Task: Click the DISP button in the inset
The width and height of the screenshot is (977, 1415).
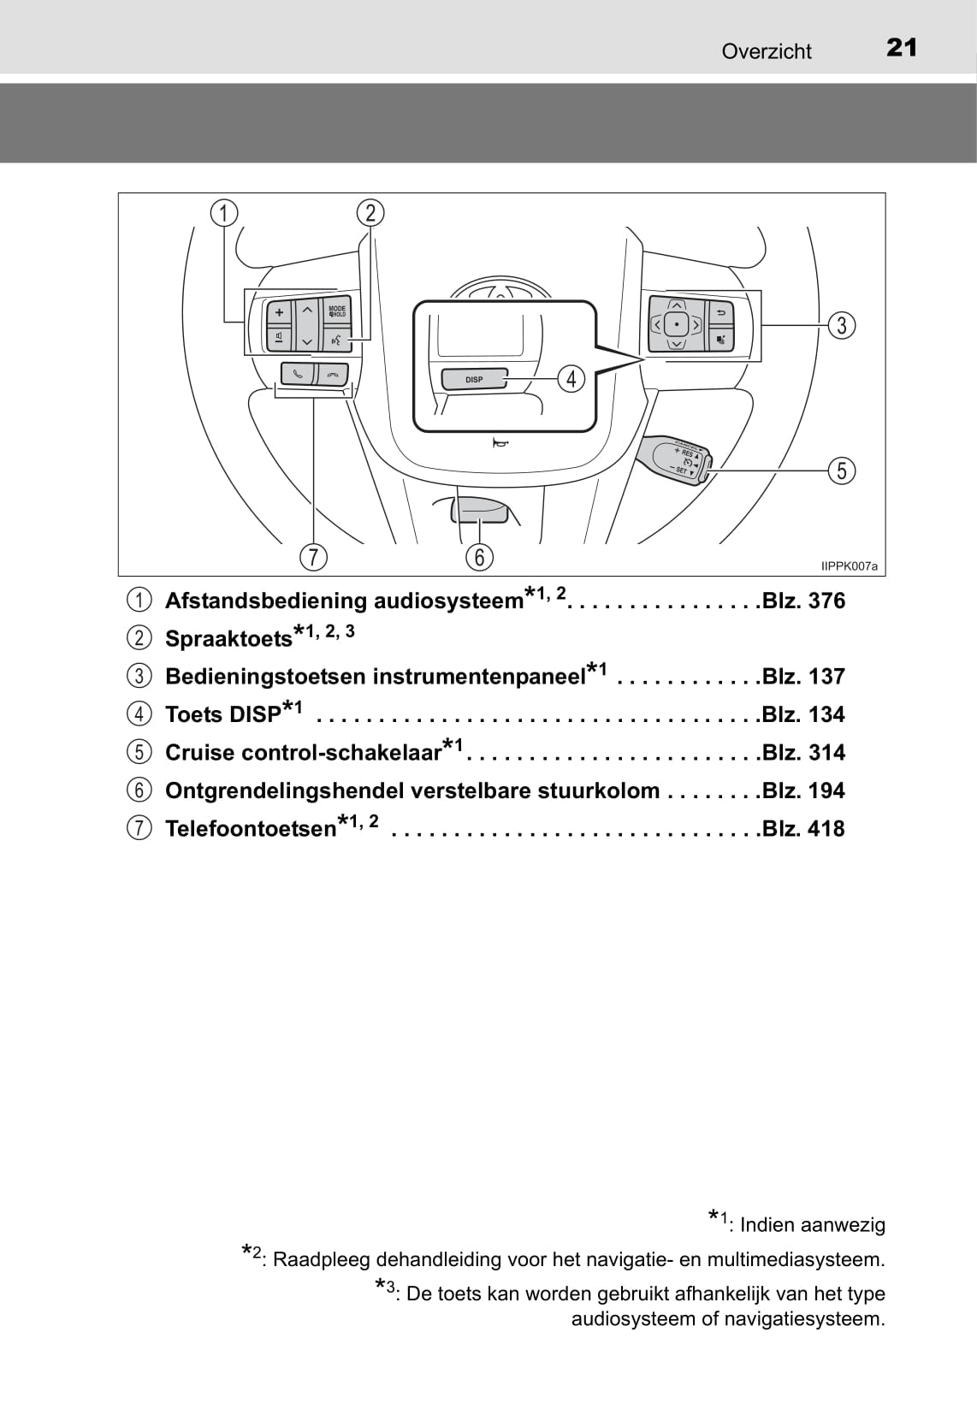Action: tap(474, 379)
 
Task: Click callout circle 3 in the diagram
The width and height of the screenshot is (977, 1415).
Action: tap(841, 325)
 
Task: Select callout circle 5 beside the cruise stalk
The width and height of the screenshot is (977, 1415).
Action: tap(841, 471)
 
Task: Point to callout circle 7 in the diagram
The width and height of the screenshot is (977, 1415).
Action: tap(313, 557)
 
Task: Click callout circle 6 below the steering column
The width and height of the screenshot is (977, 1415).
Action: tap(479, 557)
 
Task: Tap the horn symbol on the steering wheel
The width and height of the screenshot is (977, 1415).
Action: tap(500, 443)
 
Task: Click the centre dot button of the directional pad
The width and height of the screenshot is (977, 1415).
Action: tap(676, 325)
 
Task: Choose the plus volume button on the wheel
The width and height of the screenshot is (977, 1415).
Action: tap(279, 312)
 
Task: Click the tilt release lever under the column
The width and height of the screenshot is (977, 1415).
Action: tap(479, 509)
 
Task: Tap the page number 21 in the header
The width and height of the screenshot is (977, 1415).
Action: tap(901, 48)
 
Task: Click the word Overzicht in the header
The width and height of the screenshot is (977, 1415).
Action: tap(766, 52)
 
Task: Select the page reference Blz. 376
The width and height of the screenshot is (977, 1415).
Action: tap(803, 600)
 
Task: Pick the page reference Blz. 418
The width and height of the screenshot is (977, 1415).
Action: tap(803, 828)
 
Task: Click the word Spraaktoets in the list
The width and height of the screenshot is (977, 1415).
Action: tap(228, 639)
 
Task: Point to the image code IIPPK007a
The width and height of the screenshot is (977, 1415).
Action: tap(849, 566)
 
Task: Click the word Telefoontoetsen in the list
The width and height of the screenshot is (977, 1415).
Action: tap(251, 828)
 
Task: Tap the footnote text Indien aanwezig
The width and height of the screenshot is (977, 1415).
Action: tap(812, 1224)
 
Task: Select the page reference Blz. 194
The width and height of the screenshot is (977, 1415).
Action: tap(803, 790)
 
